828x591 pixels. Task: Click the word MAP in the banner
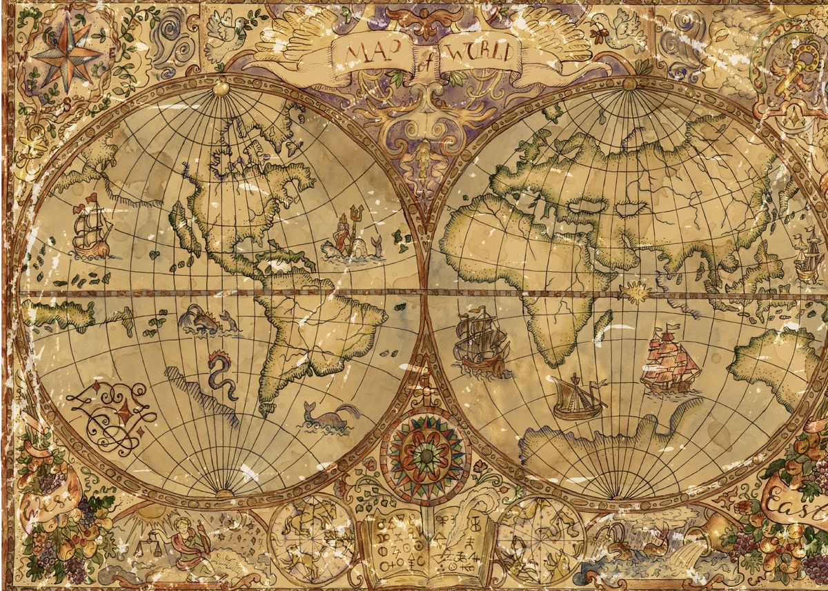(368, 52)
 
